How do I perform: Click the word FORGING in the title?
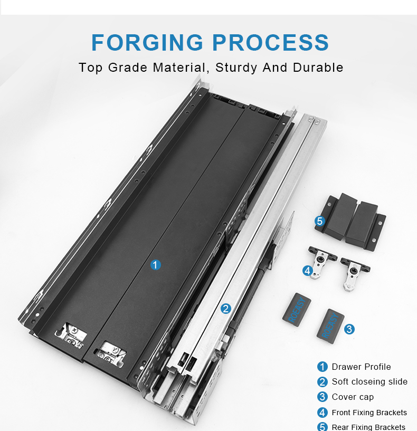pyautogui.click(x=147, y=42)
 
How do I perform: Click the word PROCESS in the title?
pyautogui.click(x=270, y=42)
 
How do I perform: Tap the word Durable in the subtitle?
pyautogui.click(x=318, y=68)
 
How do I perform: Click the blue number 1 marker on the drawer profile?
pyautogui.click(x=155, y=265)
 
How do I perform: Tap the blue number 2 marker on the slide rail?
pyautogui.click(x=226, y=309)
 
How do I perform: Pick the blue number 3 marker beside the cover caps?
pyautogui.click(x=349, y=329)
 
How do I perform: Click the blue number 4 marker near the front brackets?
pyautogui.click(x=308, y=271)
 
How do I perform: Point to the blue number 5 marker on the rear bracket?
pyautogui.click(x=320, y=221)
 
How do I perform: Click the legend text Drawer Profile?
pyautogui.click(x=361, y=367)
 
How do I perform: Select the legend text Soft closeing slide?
pyautogui.click(x=369, y=381)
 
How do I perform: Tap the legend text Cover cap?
pyautogui.click(x=353, y=397)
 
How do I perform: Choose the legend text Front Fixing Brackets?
pyautogui.click(x=369, y=413)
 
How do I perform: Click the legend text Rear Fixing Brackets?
pyautogui.click(x=368, y=427)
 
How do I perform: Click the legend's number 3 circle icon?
pyautogui.click(x=323, y=397)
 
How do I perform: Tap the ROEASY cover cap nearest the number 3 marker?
pyautogui.click(x=330, y=326)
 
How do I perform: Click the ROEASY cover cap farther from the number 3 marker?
pyautogui.click(x=297, y=310)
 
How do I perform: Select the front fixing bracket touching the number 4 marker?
pyautogui.click(x=321, y=262)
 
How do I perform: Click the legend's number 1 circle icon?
pyautogui.click(x=323, y=367)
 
